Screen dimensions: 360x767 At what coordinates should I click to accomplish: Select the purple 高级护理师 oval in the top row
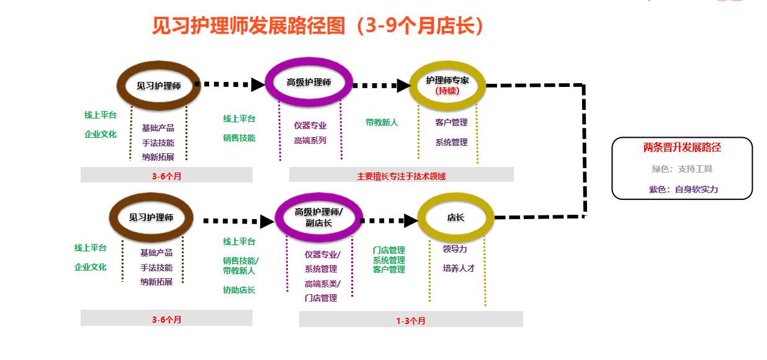pyautogui.click(x=309, y=83)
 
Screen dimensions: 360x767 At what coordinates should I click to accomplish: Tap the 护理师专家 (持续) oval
pyautogui.click(x=447, y=85)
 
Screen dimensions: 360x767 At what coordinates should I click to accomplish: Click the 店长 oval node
pyautogui.click(x=455, y=217)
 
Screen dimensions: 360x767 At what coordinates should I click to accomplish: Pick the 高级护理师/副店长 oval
pyautogui.click(x=318, y=217)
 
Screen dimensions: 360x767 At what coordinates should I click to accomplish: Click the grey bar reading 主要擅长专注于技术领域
pyautogui.click(x=401, y=176)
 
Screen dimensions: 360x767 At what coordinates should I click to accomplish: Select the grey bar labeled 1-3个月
pyautogui.click(x=411, y=320)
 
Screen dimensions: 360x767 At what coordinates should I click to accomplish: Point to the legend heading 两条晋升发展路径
pyautogui.click(x=682, y=148)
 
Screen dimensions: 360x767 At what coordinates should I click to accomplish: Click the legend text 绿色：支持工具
pyautogui.click(x=682, y=169)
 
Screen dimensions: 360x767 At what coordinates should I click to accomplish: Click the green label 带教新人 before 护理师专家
pyautogui.click(x=382, y=122)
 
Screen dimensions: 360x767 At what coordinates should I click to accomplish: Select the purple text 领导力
pyautogui.click(x=455, y=249)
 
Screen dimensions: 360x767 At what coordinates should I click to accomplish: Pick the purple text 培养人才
pyautogui.click(x=459, y=268)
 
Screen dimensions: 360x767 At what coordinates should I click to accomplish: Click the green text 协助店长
pyautogui.click(x=239, y=290)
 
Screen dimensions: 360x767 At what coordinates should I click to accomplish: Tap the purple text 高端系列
pyautogui.click(x=310, y=140)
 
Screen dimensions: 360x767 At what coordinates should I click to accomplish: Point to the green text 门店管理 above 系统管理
pyautogui.click(x=388, y=250)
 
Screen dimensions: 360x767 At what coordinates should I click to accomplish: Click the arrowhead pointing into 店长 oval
pyautogui.click(x=410, y=220)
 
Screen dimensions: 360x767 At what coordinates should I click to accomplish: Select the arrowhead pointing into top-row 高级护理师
pyautogui.click(x=258, y=84)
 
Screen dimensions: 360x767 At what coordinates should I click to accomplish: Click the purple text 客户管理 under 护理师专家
pyautogui.click(x=451, y=122)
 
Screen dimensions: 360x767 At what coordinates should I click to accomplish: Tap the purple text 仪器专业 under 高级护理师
pyautogui.click(x=310, y=125)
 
